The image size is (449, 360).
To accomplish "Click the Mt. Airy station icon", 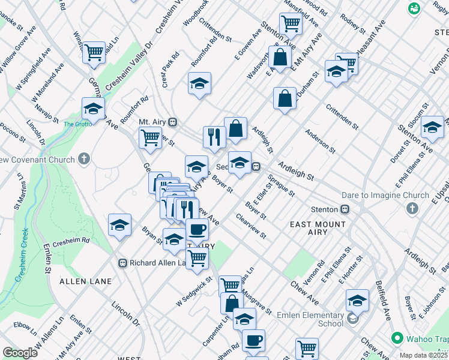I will tap(172, 122).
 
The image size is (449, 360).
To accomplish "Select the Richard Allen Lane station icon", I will tap(122, 263).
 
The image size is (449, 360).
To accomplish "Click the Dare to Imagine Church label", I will tap(391, 195).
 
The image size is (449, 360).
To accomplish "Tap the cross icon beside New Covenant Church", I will tap(84, 160).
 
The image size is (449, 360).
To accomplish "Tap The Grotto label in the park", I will tap(76, 124).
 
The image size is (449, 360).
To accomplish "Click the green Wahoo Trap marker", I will tap(396, 338).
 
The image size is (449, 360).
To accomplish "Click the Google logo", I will tap(20, 352).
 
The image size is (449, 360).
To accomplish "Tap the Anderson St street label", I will tap(319, 139).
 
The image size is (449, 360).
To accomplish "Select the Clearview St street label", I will tap(252, 227).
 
